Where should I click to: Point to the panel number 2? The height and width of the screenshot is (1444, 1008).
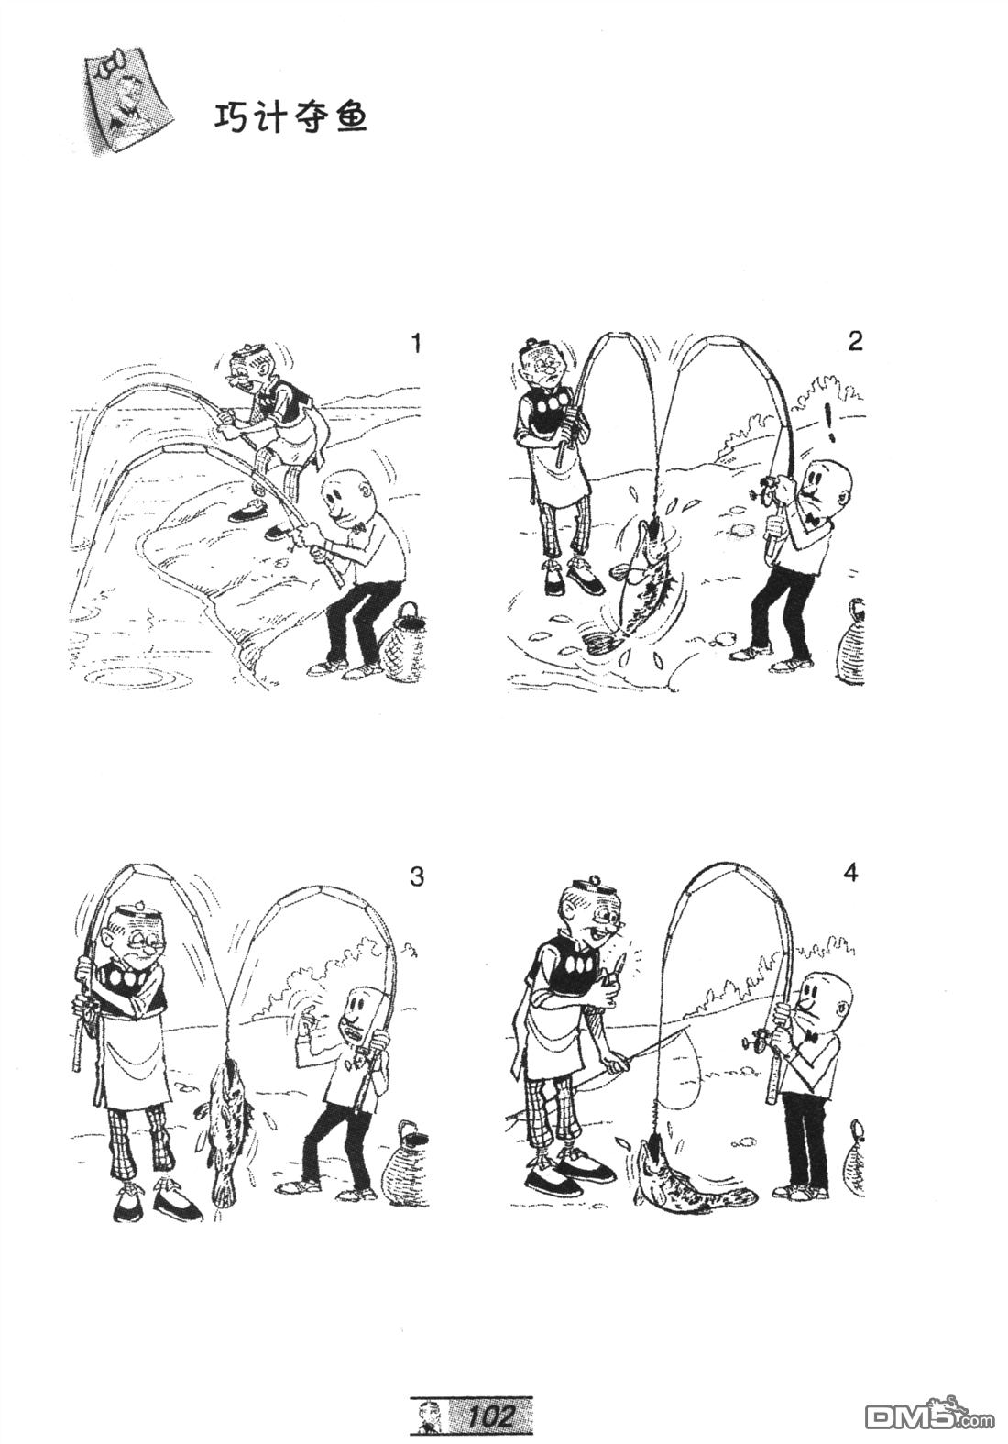click(855, 341)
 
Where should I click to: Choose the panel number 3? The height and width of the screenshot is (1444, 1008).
click(417, 876)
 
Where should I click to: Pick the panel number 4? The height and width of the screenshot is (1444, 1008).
click(851, 874)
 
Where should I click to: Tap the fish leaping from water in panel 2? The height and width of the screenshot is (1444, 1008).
click(645, 578)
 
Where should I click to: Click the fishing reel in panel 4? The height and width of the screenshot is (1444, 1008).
click(757, 1042)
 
